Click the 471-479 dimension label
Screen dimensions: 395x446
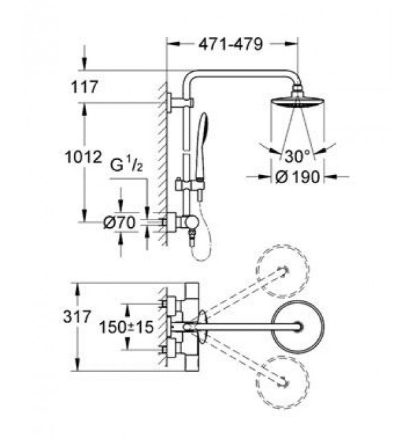click(230, 44)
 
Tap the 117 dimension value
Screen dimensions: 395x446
click(84, 86)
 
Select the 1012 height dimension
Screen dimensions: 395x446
click(83, 157)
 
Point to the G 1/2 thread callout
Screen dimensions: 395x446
click(126, 165)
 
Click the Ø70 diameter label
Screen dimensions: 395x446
click(120, 222)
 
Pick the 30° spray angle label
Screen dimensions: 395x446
click(297, 156)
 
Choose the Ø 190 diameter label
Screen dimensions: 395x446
click(298, 177)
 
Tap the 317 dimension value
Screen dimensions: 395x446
click(77, 316)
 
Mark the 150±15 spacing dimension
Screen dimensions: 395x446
click(126, 327)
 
